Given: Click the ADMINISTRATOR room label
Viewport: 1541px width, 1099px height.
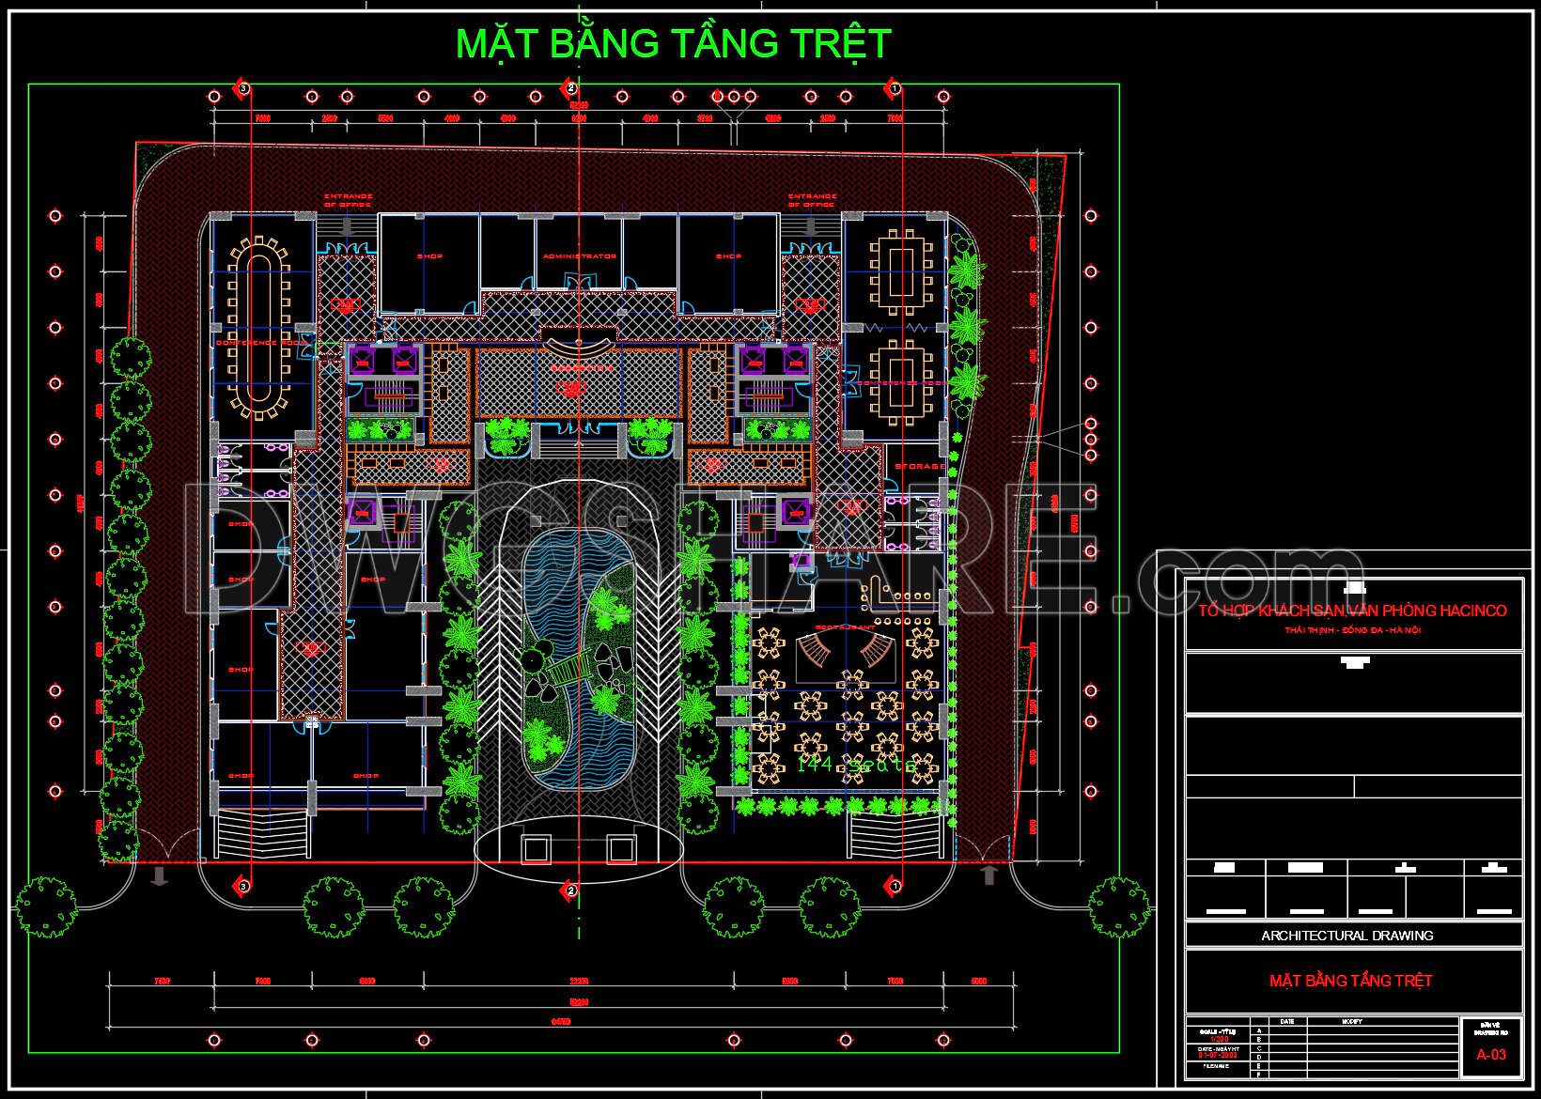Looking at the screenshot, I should pyautogui.click(x=578, y=255).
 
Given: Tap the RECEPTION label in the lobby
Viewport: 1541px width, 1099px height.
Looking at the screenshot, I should pyautogui.click(x=580, y=368).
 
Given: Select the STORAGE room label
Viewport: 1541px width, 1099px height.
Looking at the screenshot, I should pyautogui.click(x=919, y=467).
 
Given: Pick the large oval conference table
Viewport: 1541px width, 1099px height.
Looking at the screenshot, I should pyautogui.click(x=262, y=326).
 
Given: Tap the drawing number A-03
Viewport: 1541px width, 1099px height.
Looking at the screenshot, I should pyautogui.click(x=1490, y=1054).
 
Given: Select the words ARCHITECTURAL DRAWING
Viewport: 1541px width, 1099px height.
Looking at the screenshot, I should pyautogui.click(x=1346, y=935).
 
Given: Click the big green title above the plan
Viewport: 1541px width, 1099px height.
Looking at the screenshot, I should pyautogui.click(x=673, y=43).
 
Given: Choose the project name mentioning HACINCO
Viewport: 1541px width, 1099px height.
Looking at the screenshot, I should pyautogui.click(x=1352, y=611).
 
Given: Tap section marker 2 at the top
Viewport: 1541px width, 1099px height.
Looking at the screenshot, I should pyautogui.click(x=569, y=88).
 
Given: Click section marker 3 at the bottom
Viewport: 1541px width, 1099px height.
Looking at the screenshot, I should pyautogui.click(x=242, y=885).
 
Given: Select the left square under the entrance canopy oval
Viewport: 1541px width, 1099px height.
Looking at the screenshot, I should pyautogui.click(x=537, y=848).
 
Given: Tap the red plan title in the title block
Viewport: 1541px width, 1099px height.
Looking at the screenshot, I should pyautogui.click(x=1351, y=981).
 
